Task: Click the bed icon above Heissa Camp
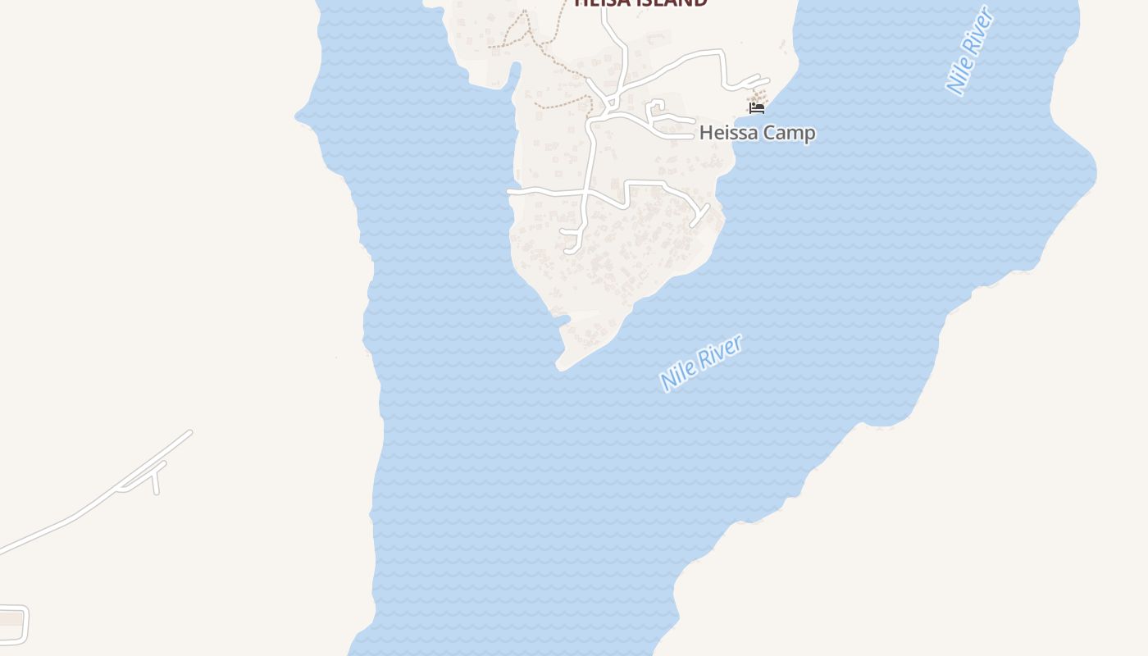[x=757, y=107]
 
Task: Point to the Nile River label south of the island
[x=701, y=362]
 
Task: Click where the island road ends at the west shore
[x=510, y=191]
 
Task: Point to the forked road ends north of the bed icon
[x=750, y=81]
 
